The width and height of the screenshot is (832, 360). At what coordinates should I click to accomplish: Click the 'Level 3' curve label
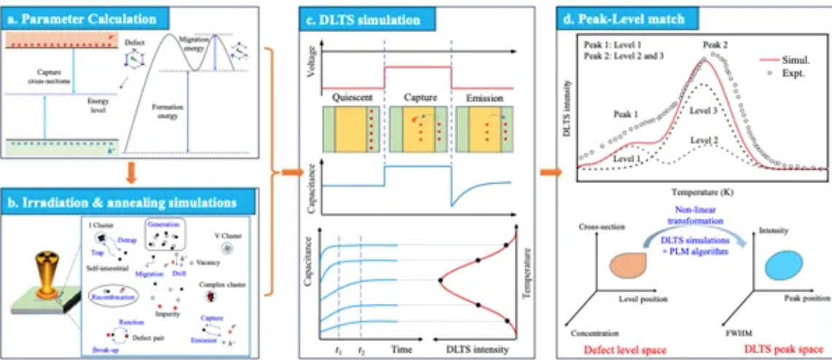pyautogui.click(x=704, y=109)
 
